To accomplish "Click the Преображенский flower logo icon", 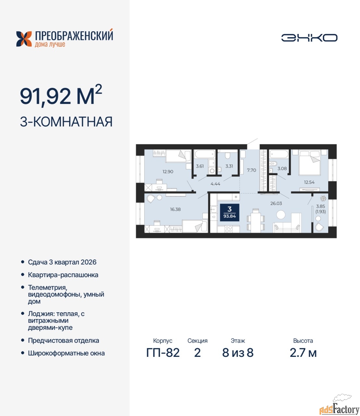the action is point(24,39).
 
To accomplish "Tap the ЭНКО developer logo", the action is point(309,38).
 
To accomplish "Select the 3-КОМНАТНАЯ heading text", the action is point(66,122).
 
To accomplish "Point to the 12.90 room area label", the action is point(168,172).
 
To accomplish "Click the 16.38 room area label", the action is point(175,209).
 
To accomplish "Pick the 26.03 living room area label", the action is point(276,203).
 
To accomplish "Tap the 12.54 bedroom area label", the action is point(309,182).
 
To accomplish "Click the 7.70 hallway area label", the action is point(252,170).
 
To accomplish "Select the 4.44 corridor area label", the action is point(215,184).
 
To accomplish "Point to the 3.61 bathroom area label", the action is point(200,166).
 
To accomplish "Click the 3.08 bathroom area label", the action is point(282,168).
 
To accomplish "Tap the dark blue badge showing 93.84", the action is point(230,212).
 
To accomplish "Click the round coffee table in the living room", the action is point(281,214).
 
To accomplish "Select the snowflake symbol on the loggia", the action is point(323,198).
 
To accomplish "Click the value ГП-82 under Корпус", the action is point(163,353).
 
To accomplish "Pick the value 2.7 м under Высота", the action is point(303,353).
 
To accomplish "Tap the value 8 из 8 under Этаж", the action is point(238,353).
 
